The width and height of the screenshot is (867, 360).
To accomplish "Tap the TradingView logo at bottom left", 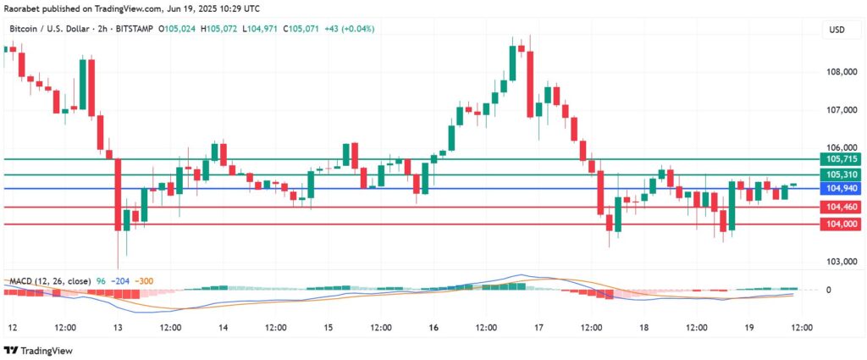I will click(40, 351).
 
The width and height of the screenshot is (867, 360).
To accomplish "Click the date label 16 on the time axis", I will click(433, 327).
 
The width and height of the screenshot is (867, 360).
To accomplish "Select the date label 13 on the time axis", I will click(118, 327).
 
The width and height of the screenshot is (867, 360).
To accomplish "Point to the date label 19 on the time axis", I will click(748, 327).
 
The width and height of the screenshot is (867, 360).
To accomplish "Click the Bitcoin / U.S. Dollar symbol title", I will click(61, 29).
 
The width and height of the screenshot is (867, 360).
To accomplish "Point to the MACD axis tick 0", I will click(828, 290).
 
